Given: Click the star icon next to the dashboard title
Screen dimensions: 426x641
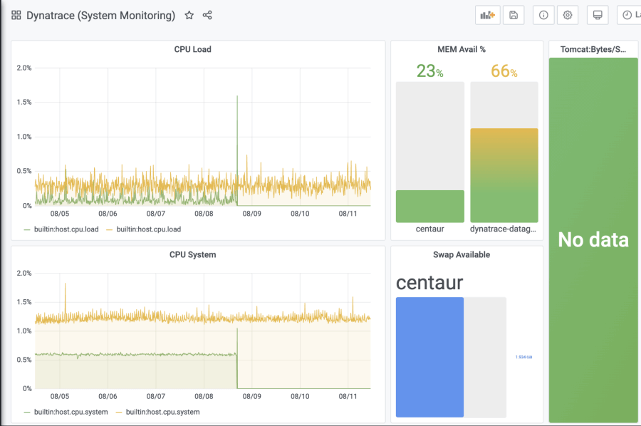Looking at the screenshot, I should [x=189, y=15].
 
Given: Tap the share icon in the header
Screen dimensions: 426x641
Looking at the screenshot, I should [x=207, y=15].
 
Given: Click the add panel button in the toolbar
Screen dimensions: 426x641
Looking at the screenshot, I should [x=488, y=15].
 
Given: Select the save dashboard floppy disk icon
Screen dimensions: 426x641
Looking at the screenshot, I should [x=514, y=15].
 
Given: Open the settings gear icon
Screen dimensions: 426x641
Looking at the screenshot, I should [x=568, y=15].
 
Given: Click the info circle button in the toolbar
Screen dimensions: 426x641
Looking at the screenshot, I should [x=543, y=15].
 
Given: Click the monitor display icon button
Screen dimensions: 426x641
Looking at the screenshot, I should [x=598, y=15].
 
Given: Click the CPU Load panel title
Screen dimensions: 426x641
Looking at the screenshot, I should [x=192, y=50].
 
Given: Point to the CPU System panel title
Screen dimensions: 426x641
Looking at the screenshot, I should [x=192, y=254].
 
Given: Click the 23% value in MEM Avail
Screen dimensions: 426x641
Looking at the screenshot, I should [x=429, y=71].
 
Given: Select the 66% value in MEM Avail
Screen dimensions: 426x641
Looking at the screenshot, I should [x=504, y=71].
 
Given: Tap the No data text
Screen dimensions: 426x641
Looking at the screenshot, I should [x=593, y=240].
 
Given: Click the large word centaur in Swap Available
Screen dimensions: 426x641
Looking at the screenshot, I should [x=429, y=282].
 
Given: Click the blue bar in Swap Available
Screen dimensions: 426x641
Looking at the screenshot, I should [x=429, y=356].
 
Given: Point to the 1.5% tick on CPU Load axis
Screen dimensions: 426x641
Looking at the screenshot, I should [x=24, y=103].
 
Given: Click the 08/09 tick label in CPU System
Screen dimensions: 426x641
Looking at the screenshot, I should [x=252, y=396].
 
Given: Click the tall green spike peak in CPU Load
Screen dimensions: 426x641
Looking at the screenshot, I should [x=237, y=97].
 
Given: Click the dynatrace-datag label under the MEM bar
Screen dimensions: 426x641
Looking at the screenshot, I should [x=504, y=229].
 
